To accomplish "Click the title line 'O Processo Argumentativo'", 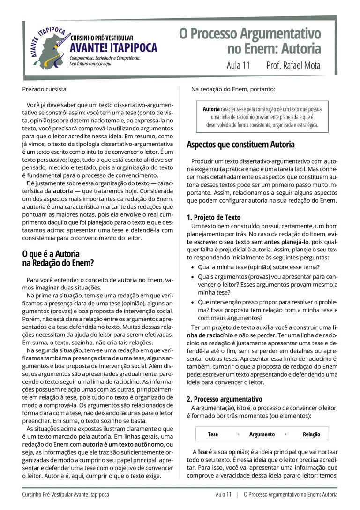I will (x=250, y=34).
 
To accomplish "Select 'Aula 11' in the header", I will (x=238, y=65).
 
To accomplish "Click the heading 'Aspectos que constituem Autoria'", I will (x=240, y=145).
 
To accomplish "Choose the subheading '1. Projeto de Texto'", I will (x=213, y=217).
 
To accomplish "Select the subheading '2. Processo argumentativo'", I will (x=225, y=399).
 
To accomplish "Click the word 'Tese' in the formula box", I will (x=213, y=434).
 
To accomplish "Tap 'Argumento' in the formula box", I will (x=262, y=434).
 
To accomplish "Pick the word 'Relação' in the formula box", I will (x=311, y=434).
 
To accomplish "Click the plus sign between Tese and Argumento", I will (x=238, y=434).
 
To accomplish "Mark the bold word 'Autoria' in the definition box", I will (x=211, y=109).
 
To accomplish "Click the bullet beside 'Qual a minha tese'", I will (x=194, y=267).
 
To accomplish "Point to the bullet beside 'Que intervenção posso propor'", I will (x=194, y=302).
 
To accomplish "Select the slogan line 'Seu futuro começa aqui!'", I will (x=91, y=63).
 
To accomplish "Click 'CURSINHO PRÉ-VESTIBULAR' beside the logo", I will (x=102, y=38).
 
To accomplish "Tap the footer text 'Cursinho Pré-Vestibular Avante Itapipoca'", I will (x=66, y=495).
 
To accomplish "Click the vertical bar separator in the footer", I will (x=238, y=495).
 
